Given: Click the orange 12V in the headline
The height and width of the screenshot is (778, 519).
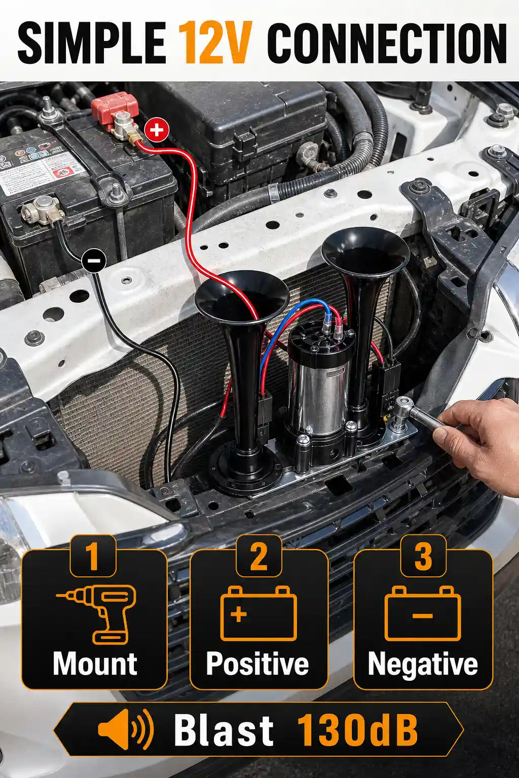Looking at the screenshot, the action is click(214, 43).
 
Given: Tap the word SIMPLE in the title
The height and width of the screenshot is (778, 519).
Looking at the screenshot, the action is click(92, 43).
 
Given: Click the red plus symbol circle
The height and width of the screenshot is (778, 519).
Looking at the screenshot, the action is click(157, 130).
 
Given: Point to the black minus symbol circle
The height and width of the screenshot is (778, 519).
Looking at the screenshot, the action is click(93, 260).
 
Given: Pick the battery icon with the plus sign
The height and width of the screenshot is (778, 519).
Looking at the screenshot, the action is click(259, 613).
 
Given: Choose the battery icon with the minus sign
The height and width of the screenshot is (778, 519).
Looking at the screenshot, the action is click(423, 613).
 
